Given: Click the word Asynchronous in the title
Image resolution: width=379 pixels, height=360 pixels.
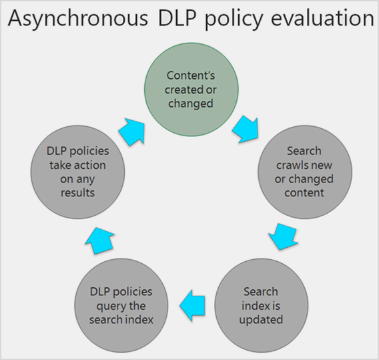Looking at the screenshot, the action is tap(78, 19).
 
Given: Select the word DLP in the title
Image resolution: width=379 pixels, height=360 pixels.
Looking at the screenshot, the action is tap(177, 18).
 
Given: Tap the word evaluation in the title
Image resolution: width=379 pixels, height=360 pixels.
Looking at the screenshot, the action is tap(323, 17).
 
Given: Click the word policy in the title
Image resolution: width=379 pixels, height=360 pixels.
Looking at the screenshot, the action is tap(234, 19).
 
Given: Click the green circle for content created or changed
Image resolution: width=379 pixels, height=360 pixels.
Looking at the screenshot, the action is tap(192, 89).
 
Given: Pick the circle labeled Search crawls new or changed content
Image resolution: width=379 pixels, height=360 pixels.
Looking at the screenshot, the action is tap(305, 172).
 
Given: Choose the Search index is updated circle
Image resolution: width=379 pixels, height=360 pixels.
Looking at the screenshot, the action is tap(262, 305).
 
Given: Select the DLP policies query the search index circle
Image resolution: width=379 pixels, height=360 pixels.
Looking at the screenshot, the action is tap(121, 305).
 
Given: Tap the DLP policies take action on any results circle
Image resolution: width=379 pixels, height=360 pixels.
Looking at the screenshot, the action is tap(77, 172).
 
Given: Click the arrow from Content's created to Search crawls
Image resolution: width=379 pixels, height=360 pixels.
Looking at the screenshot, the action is tap(246, 130).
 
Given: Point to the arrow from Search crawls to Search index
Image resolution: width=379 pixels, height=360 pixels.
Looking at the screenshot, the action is tap(284, 236).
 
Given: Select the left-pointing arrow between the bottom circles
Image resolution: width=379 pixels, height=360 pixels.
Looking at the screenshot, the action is tap(192, 305).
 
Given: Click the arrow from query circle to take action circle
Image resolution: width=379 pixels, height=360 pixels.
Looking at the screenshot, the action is tap(99, 240).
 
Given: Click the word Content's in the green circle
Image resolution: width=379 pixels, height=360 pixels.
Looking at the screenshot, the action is tap(190, 75).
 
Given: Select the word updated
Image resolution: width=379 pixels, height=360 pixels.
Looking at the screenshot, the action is tap(261, 319).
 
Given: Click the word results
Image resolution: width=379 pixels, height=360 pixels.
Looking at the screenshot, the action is tap(77, 193).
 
